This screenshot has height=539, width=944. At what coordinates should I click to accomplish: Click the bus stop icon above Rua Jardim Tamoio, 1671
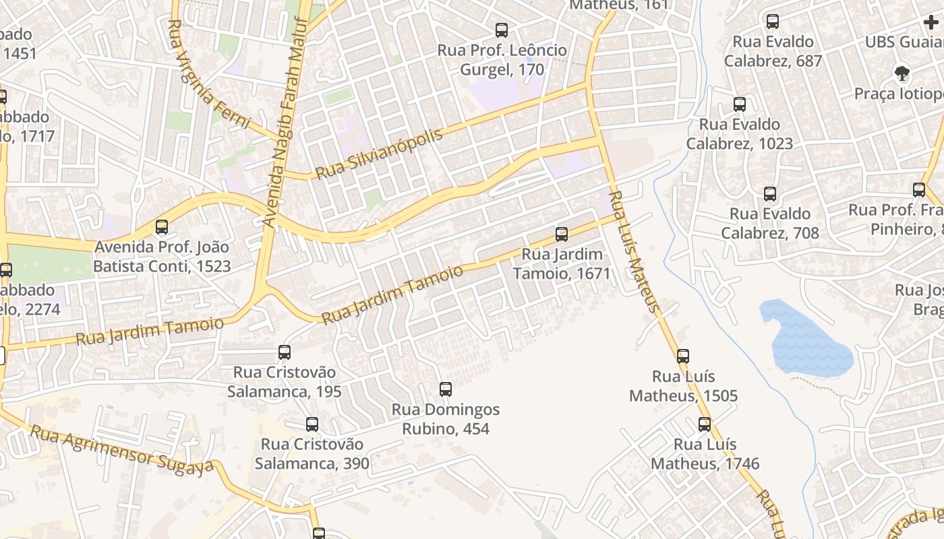point(561,234)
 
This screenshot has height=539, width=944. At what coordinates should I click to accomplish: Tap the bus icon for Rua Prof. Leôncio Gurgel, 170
point(501,30)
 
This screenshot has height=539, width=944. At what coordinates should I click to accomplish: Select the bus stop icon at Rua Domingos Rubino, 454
point(445,389)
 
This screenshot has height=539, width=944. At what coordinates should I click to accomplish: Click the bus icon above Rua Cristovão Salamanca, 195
point(284,352)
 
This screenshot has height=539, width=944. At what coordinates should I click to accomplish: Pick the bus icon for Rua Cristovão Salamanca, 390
point(312,424)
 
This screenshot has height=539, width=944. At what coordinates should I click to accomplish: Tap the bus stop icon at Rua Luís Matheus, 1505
point(682,356)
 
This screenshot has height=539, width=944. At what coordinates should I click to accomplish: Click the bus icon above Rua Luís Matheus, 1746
point(704,424)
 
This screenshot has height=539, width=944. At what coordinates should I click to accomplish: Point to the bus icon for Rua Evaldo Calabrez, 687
point(772,21)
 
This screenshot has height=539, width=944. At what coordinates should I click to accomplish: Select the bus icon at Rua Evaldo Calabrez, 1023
point(739,104)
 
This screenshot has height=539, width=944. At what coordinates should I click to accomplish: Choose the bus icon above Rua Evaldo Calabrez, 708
point(769,194)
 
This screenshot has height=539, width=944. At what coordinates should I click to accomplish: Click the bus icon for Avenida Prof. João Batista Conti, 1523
point(161,227)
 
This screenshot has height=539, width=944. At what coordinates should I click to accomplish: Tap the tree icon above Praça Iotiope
point(901,73)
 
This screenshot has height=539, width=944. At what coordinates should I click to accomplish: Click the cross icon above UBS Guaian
point(931,22)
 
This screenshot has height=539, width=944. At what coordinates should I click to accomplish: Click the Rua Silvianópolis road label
point(379,154)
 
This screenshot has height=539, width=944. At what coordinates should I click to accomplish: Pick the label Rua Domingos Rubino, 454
point(446,419)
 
